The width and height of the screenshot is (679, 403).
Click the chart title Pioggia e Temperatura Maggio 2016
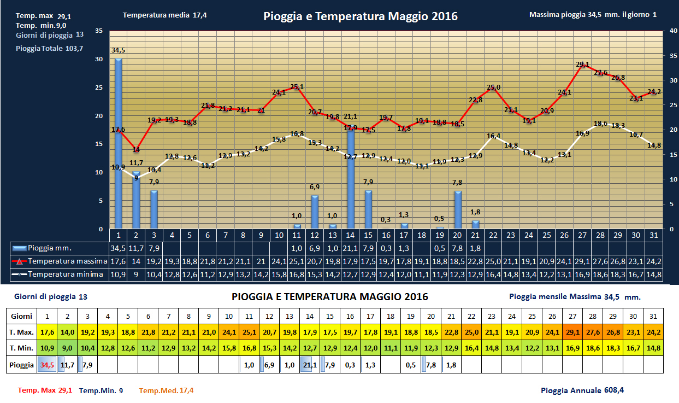click(x=361, y=16)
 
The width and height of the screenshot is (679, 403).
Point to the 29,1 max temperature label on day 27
click(x=583, y=65)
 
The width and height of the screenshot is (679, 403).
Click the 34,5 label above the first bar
click(x=118, y=50)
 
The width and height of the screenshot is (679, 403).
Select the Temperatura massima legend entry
click(x=58, y=261)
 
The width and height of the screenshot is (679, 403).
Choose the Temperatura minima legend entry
click(x=58, y=274)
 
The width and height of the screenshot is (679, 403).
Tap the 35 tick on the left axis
click(x=99, y=31)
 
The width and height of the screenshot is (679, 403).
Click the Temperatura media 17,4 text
click(x=164, y=15)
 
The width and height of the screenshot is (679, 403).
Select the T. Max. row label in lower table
click(x=22, y=332)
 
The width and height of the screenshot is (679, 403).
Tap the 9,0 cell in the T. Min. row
click(x=68, y=348)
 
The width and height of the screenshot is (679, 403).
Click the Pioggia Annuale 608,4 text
click(x=582, y=390)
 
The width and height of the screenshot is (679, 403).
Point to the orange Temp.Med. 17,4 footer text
click(x=166, y=390)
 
